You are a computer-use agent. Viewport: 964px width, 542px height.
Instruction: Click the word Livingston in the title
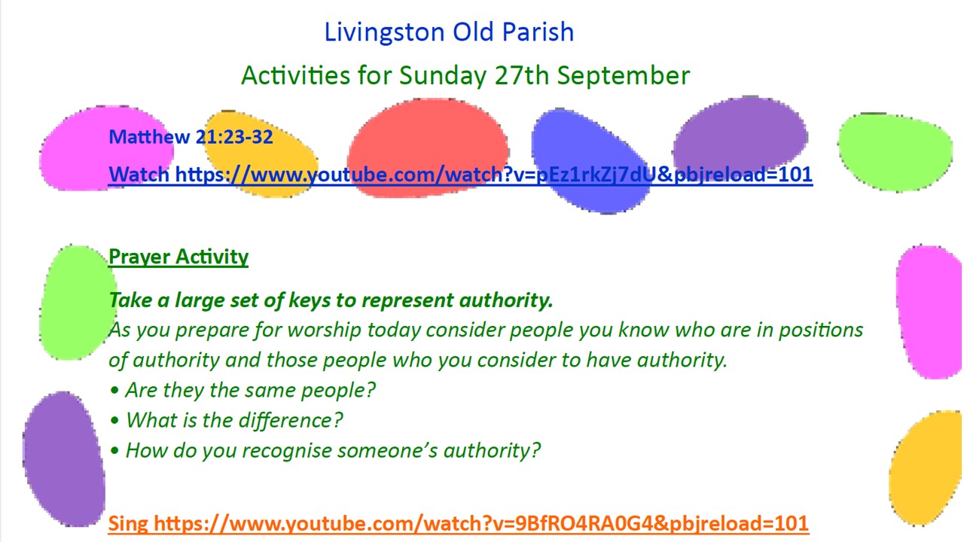[x=384, y=32]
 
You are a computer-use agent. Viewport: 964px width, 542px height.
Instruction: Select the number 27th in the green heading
[x=522, y=75]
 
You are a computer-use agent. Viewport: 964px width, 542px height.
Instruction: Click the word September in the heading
[x=624, y=76]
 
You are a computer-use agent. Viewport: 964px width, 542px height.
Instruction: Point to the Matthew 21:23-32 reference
[x=191, y=137]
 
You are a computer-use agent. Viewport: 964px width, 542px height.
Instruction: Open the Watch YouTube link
[x=460, y=175]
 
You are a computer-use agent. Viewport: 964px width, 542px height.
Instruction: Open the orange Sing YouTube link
[x=458, y=523]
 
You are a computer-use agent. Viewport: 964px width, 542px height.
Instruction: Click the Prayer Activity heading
[x=178, y=257]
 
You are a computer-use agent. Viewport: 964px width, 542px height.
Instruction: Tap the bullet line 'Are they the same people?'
[x=243, y=391]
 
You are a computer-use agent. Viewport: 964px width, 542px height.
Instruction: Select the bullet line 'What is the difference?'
[x=227, y=420]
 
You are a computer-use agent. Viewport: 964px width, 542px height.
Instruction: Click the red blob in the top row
[x=429, y=148]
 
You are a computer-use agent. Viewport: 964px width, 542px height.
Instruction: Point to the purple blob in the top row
[x=740, y=133]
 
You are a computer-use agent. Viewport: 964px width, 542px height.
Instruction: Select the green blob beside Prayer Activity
[x=77, y=303]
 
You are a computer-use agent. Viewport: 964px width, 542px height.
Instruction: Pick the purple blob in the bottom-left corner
[x=64, y=459]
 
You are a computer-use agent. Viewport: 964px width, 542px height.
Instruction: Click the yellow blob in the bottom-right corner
[x=927, y=468]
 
